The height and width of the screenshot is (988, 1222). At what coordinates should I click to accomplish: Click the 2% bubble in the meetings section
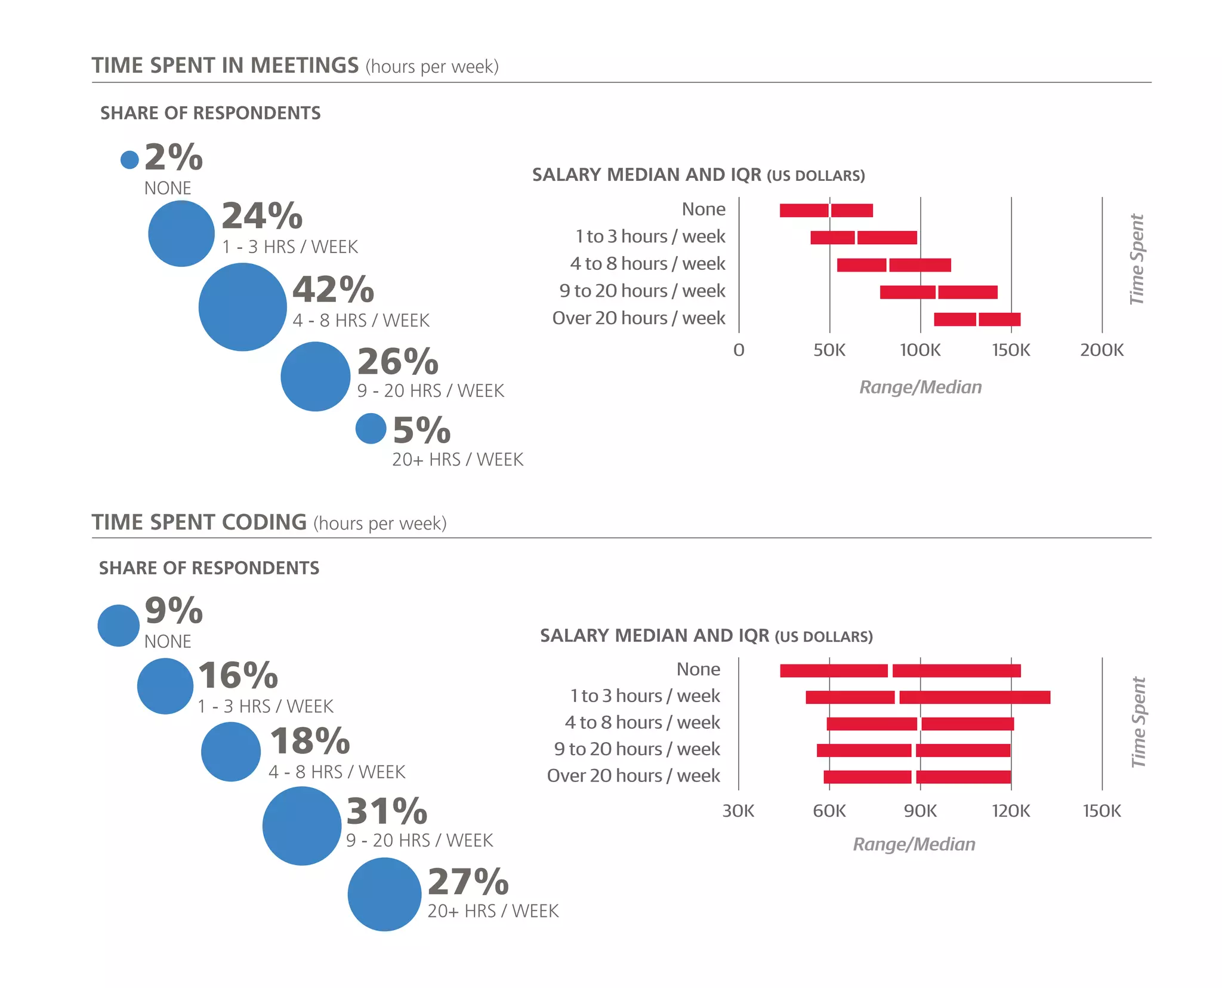pyautogui.click(x=129, y=159)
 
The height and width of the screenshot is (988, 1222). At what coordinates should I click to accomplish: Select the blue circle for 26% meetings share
pyautogui.click(x=315, y=376)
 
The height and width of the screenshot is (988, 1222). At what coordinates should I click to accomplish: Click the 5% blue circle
pyautogui.click(x=371, y=429)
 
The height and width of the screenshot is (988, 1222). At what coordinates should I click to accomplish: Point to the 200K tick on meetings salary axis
pyautogui.click(x=1101, y=350)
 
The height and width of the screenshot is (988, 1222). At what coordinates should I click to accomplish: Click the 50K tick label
pyautogui.click(x=829, y=350)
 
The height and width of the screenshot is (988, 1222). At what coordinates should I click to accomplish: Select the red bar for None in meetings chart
pyautogui.click(x=826, y=210)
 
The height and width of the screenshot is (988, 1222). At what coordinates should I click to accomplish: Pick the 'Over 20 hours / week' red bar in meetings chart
pyautogui.click(x=977, y=319)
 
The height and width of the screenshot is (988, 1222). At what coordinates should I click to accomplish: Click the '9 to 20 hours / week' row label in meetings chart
pyautogui.click(x=642, y=291)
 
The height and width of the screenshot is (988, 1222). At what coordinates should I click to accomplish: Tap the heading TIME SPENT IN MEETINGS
pyautogui.click(x=225, y=66)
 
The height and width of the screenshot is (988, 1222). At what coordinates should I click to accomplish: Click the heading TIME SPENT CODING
pyautogui.click(x=199, y=522)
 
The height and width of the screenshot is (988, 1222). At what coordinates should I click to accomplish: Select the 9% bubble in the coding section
pyautogui.click(x=118, y=626)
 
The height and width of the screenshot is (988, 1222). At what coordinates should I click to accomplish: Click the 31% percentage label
pyautogui.click(x=387, y=811)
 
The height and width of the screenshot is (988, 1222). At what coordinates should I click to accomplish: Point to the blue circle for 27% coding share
pyautogui.click(x=384, y=894)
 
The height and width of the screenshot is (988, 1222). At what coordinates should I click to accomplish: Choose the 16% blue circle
pyautogui.click(x=165, y=686)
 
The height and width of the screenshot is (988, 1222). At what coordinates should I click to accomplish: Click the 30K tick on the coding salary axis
pyautogui.click(x=738, y=811)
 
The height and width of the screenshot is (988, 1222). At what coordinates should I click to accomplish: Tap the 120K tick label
pyautogui.click(x=1011, y=811)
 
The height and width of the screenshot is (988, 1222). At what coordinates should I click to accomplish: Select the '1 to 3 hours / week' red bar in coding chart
pyautogui.click(x=927, y=697)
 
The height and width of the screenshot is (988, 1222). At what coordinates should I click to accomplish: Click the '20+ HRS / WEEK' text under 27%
pyautogui.click(x=493, y=911)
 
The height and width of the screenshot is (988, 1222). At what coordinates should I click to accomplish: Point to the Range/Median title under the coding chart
pyautogui.click(x=914, y=844)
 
